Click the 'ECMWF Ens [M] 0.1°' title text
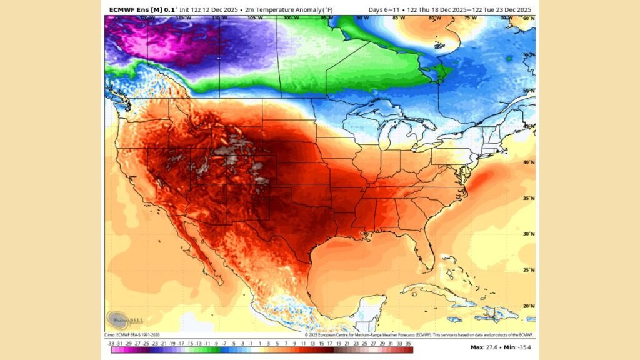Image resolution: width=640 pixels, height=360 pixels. click(x=142, y=9)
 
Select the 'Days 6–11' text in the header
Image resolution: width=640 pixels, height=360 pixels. click(x=382, y=9)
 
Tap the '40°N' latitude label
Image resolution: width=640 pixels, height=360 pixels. click(x=529, y=162)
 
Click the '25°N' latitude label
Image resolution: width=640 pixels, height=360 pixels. click(x=529, y=271)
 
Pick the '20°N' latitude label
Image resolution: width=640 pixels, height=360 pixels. click(x=529, y=306)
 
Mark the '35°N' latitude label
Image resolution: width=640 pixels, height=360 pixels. click(x=529, y=199)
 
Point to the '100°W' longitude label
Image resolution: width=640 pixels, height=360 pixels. click(x=289, y=18)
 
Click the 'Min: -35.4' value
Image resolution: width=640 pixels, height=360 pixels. click(x=516, y=346)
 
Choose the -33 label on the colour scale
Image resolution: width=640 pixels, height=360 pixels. click(x=111, y=343)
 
